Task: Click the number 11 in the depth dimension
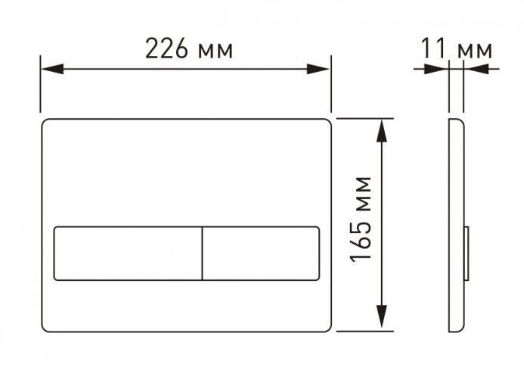click(x=433, y=50)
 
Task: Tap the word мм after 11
click(x=476, y=50)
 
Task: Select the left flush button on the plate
click(x=128, y=253)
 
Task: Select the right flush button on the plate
click(x=261, y=253)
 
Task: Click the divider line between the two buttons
click(x=202, y=253)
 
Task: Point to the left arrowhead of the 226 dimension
click(x=50, y=69)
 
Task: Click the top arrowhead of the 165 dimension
click(x=382, y=129)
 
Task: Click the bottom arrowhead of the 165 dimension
click(x=382, y=320)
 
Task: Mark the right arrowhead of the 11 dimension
click(x=475, y=69)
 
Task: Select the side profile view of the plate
click(x=456, y=225)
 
